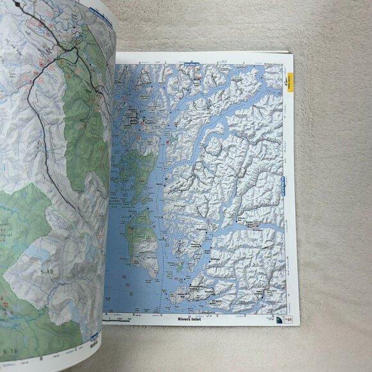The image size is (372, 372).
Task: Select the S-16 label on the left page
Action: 10,350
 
